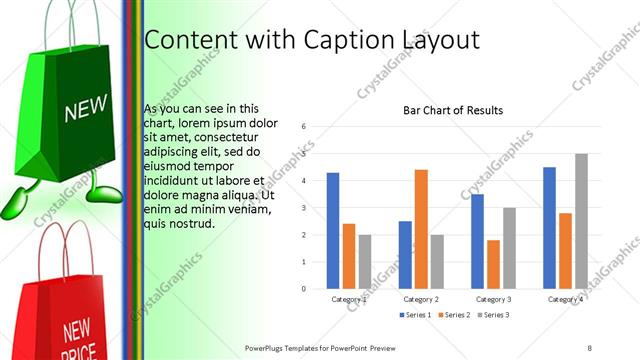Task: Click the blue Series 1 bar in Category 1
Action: point(333,231)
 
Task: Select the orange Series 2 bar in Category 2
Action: point(421,229)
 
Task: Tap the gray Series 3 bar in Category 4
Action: point(581,221)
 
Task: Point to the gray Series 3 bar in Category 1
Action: point(364,262)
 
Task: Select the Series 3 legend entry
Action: point(493,315)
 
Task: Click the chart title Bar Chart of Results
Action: point(453,110)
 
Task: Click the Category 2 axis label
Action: point(420,299)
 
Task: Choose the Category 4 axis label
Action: point(565,299)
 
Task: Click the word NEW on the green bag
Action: point(84,109)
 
